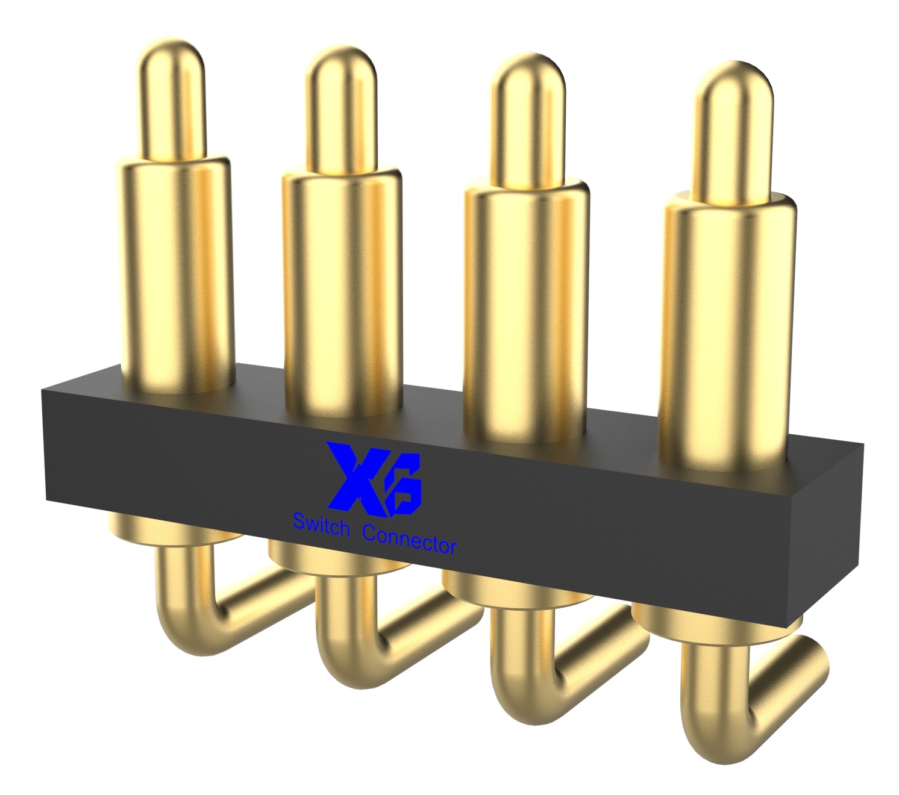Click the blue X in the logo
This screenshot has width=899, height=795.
pyautogui.click(x=360, y=479)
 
